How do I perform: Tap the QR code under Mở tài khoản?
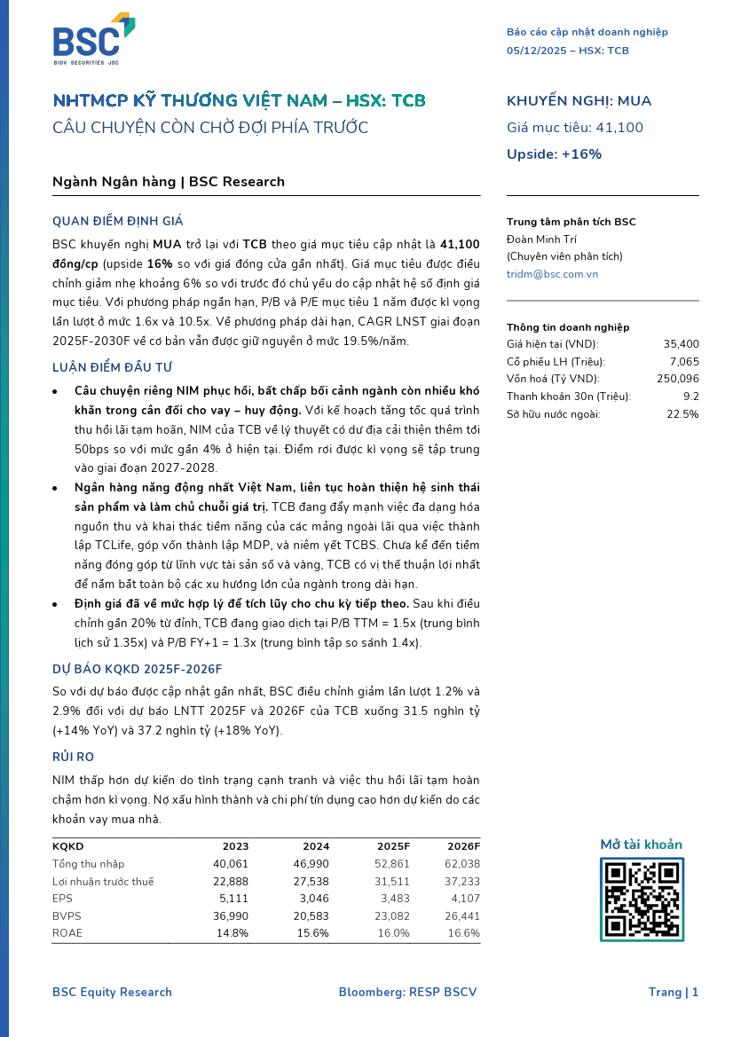[641, 899]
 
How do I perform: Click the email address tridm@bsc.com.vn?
[552, 274]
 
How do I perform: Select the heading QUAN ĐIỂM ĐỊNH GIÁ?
[118, 221]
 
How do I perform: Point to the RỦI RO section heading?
[74, 757]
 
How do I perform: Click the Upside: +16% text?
[554, 154]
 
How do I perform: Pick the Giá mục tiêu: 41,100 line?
[574, 128]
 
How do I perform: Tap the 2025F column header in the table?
[393, 846]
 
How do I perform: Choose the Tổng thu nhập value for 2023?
[231, 863]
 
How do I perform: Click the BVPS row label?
[67, 915]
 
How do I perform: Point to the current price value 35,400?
[681, 344]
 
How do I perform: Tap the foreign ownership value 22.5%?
[682, 413]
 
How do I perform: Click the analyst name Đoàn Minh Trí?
[541, 240]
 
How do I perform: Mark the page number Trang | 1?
[673, 992]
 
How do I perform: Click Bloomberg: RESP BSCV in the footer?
[407, 992]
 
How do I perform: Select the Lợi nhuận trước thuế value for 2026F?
[461, 881]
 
